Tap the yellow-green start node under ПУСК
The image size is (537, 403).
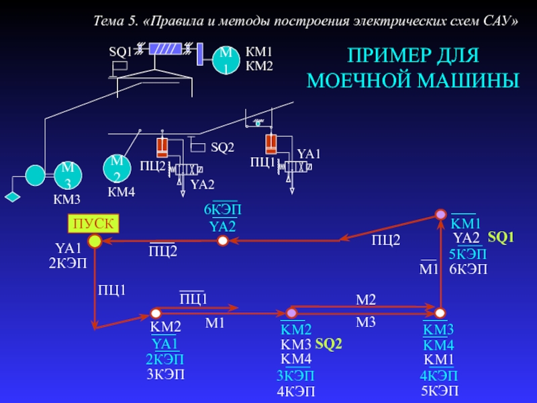point(95,240)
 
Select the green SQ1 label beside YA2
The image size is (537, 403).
point(500,237)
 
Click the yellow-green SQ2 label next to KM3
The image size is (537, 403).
point(329,344)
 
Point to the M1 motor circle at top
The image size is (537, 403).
point(226,60)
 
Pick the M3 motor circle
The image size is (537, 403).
point(68,175)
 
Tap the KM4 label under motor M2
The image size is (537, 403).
point(121,193)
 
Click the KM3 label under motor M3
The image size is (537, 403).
point(67,199)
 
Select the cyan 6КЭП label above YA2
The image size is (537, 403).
point(222,210)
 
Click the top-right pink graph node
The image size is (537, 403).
point(440,214)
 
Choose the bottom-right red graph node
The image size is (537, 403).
point(440,313)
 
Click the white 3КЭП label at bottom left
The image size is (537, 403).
point(166,374)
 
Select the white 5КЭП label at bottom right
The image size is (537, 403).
point(439,390)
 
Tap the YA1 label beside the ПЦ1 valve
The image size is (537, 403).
point(309,154)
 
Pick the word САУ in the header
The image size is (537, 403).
point(499,21)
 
